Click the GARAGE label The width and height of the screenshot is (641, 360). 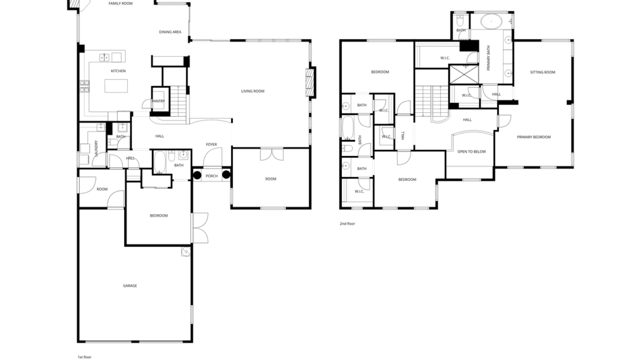[x=130, y=285]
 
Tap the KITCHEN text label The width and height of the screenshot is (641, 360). [x=118, y=71]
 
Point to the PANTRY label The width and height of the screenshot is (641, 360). [x=158, y=101]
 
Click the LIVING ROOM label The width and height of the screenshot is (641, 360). [x=253, y=91]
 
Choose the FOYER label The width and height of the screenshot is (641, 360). [x=211, y=144]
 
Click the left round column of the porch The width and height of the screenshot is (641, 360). [x=197, y=175]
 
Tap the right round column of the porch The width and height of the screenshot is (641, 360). [x=226, y=175]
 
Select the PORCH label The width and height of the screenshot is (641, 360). [x=212, y=176]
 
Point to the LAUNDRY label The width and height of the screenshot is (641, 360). [x=96, y=147]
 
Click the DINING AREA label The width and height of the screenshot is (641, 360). [x=170, y=32]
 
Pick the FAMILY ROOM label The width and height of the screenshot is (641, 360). [x=121, y=3]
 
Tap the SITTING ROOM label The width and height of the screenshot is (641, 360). [x=542, y=72]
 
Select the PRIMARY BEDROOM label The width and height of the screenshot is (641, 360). [x=534, y=137]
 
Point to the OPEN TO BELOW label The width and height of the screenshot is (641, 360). [x=471, y=151]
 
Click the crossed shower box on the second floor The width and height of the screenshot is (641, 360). [x=464, y=74]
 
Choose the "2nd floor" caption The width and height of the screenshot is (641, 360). [x=347, y=223]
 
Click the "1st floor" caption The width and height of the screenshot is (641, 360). [x=84, y=357]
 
